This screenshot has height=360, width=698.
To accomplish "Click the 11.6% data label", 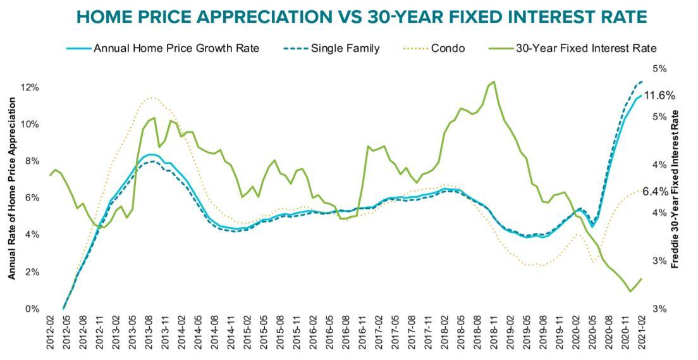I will [659, 96].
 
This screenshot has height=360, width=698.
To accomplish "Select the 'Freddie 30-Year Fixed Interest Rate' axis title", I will [675, 189].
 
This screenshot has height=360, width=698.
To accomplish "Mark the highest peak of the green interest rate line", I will [494, 81].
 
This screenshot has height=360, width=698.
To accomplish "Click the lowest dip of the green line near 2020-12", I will [630, 292].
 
